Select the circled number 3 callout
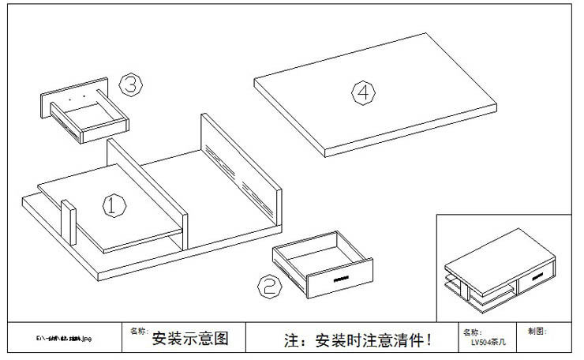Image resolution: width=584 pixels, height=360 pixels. point(130,84)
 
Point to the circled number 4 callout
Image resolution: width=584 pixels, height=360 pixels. point(362,92)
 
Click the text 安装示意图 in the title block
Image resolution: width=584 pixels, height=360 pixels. point(189,339)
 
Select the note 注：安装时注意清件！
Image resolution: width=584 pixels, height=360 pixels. point(358,340)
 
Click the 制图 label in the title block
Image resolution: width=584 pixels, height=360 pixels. point(536,332)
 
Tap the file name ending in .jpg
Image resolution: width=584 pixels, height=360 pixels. point(65,339)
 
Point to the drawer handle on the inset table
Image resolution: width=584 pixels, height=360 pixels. point(537,276)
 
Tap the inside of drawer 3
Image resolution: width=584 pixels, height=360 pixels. point(89,118)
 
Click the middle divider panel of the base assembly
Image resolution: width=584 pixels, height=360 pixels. point(146,189)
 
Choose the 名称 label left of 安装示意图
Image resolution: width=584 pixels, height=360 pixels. point(138,332)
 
